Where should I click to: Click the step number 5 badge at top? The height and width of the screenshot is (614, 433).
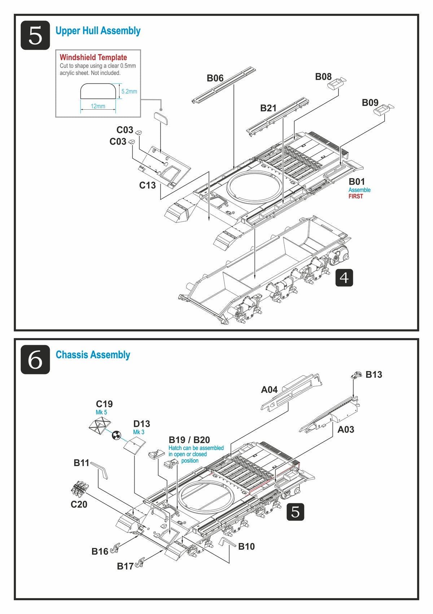pyautogui.click(x=35, y=35)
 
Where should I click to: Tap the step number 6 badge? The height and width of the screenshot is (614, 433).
pyautogui.click(x=35, y=359)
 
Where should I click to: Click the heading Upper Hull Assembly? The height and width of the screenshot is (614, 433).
pyautogui.click(x=98, y=31)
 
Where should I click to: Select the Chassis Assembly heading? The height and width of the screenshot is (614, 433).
pyautogui.click(x=93, y=355)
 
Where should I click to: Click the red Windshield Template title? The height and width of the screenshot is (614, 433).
pyautogui.click(x=93, y=57)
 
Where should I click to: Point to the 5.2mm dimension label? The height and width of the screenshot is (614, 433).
pyautogui.click(x=129, y=92)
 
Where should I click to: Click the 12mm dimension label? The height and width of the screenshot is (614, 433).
pyautogui.click(x=98, y=106)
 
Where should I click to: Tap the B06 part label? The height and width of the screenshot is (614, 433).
pyautogui.click(x=215, y=78)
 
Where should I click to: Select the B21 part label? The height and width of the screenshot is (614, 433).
pyautogui.click(x=268, y=108)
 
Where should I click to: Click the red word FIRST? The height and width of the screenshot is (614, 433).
pyautogui.click(x=355, y=196)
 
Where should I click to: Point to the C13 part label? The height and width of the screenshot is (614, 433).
pyautogui.click(x=147, y=185)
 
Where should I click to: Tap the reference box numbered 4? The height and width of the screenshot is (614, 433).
pyautogui.click(x=344, y=278)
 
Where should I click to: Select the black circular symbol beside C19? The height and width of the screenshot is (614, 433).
pyautogui.click(x=117, y=435)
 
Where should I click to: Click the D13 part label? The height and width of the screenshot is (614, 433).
pyautogui.click(x=141, y=424)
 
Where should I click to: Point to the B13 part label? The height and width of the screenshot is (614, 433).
pyautogui.click(x=373, y=375)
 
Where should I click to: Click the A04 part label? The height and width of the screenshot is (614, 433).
pyautogui.click(x=269, y=390)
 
